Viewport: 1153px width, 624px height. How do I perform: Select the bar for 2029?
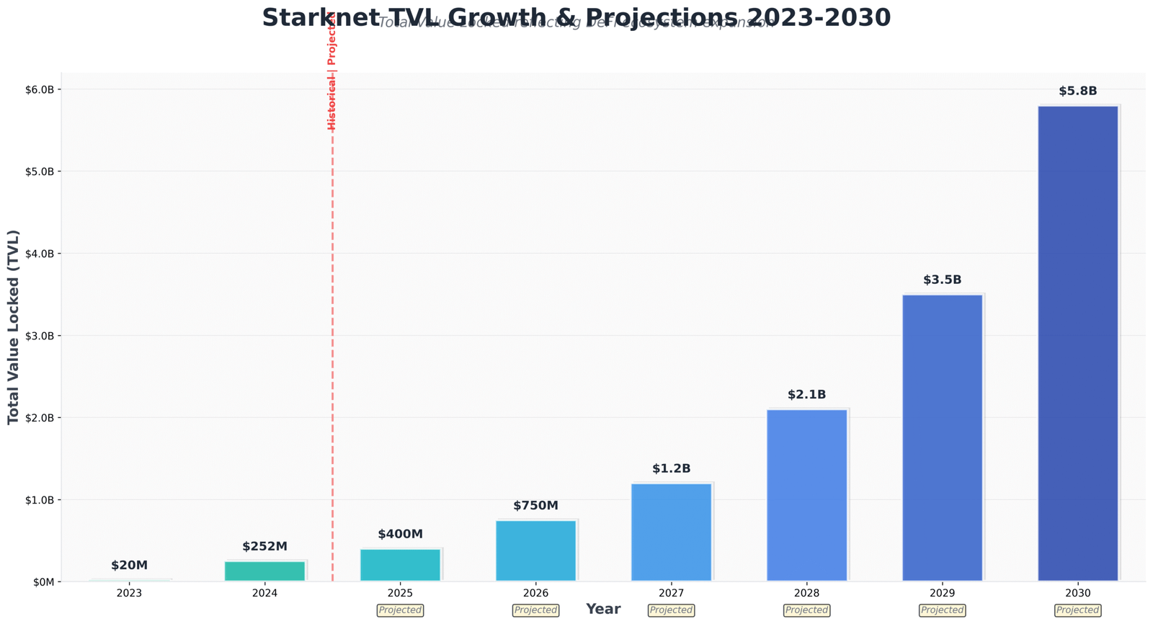tap(942, 437)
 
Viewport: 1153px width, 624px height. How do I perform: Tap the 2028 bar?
tap(806, 495)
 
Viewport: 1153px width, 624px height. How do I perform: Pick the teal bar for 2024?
tap(264, 571)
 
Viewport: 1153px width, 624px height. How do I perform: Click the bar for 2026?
tap(535, 551)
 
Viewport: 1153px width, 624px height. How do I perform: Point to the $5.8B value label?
tap(1077, 92)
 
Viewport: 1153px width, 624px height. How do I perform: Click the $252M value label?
tap(264, 547)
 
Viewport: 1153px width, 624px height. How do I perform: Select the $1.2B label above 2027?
tap(671, 469)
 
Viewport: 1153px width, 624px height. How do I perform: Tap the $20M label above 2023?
tap(129, 566)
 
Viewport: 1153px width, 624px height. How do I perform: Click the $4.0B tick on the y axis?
tap(40, 254)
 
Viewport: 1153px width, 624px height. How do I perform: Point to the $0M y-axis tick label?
tap(43, 581)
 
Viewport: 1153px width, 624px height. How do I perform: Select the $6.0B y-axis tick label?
tap(40, 89)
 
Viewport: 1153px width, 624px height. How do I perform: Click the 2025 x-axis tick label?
tap(400, 593)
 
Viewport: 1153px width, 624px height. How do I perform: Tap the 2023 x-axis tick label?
tap(129, 593)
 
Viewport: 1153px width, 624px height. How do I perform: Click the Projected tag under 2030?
tap(1077, 610)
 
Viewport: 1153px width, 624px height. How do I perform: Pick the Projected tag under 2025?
tap(400, 610)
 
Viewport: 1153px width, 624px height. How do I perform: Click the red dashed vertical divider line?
tap(332, 360)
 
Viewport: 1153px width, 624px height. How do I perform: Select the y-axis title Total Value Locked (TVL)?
tap(14, 327)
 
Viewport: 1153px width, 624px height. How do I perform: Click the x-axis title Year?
tap(603, 610)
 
